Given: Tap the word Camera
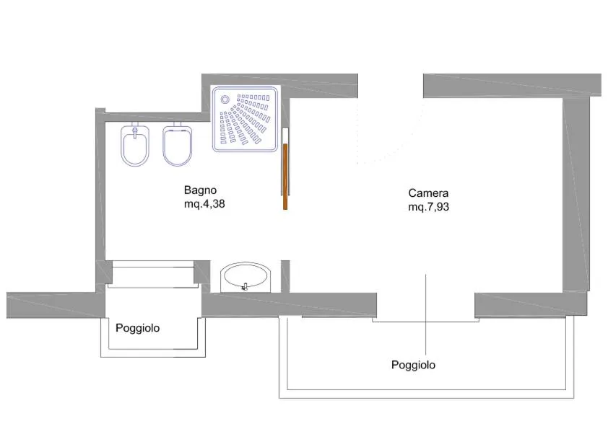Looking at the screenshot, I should click(428, 193).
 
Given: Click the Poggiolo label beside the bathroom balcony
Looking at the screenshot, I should click(138, 327).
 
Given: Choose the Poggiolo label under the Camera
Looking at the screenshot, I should click(413, 365).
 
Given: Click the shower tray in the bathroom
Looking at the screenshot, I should click(246, 119).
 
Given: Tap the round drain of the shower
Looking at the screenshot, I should click(225, 100).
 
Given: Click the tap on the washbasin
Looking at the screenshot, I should click(246, 286).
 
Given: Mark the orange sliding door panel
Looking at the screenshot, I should click(286, 177).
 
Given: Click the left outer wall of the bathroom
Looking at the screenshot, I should click(100, 187).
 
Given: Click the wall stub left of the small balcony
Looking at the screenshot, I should click(51, 305).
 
